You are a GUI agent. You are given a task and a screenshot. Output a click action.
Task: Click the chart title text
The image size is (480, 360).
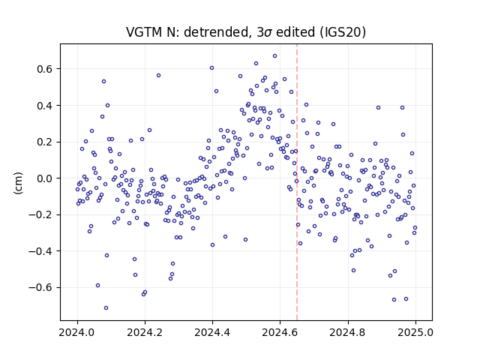246,32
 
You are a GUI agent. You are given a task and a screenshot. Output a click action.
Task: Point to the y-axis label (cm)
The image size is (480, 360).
18,183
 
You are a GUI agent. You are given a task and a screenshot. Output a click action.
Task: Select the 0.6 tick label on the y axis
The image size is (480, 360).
46,69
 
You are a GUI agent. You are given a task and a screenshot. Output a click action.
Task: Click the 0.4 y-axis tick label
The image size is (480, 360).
46,106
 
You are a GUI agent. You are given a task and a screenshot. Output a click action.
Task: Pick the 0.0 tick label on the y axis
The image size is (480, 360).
46,178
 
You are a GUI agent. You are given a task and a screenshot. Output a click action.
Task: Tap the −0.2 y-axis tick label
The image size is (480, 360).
41,215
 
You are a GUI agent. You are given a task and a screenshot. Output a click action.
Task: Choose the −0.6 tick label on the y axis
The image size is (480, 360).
41,288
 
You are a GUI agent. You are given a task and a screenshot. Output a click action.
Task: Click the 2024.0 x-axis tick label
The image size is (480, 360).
77,332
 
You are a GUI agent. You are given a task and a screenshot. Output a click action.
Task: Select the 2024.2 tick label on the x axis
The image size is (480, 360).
145,332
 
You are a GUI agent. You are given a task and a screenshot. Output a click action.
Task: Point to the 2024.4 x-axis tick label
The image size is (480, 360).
212,332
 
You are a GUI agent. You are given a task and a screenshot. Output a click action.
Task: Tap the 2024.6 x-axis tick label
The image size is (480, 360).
280,332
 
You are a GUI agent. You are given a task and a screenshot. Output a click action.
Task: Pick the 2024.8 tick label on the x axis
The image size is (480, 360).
348,332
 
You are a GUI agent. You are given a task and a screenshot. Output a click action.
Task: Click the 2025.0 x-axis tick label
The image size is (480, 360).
415,332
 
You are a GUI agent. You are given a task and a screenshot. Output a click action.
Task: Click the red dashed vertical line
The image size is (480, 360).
297,182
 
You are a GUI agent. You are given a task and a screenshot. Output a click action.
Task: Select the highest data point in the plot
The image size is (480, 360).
275,56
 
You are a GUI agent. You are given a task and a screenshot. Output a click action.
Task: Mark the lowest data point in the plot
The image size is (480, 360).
106,308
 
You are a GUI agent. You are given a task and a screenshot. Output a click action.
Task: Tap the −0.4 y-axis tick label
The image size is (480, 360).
41,251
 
